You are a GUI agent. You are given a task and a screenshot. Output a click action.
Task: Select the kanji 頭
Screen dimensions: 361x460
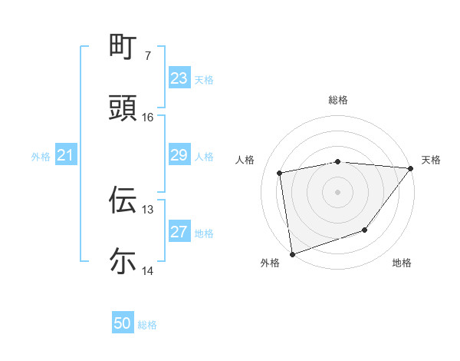(123, 108)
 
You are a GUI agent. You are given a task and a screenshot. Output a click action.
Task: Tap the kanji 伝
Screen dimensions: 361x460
(123, 200)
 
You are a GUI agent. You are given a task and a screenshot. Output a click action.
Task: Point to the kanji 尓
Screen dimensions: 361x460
(123, 261)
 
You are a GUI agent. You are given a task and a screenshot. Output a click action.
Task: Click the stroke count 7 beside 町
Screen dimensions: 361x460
(147, 55)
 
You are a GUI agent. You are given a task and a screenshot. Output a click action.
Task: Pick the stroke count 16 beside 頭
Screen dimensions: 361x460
(147, 117)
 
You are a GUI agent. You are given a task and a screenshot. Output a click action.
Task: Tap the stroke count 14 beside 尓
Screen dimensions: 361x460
(147, 270)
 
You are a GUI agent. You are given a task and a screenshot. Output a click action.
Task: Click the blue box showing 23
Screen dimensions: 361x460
(179, 78)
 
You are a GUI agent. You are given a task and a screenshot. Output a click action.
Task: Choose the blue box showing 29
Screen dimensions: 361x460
(179, 155)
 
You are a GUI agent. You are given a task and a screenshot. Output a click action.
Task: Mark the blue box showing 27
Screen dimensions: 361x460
(179, 232)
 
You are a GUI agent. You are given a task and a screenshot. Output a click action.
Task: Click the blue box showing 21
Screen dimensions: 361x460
(66, 155)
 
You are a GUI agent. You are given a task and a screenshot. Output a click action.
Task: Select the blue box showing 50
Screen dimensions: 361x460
(123, 323)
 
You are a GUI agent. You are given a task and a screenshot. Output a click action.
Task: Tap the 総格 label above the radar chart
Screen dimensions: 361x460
(338, 100)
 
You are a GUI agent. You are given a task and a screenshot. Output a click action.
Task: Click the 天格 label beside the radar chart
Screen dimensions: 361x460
(431, 160)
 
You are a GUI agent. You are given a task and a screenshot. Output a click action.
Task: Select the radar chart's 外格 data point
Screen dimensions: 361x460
(292, 253)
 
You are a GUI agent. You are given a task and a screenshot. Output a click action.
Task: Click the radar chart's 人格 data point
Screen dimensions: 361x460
(280, 173)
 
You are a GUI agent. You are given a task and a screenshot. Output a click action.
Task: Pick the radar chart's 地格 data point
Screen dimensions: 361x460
(366, 230)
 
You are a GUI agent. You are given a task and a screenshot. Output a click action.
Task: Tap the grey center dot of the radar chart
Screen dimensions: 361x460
(338, 192)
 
